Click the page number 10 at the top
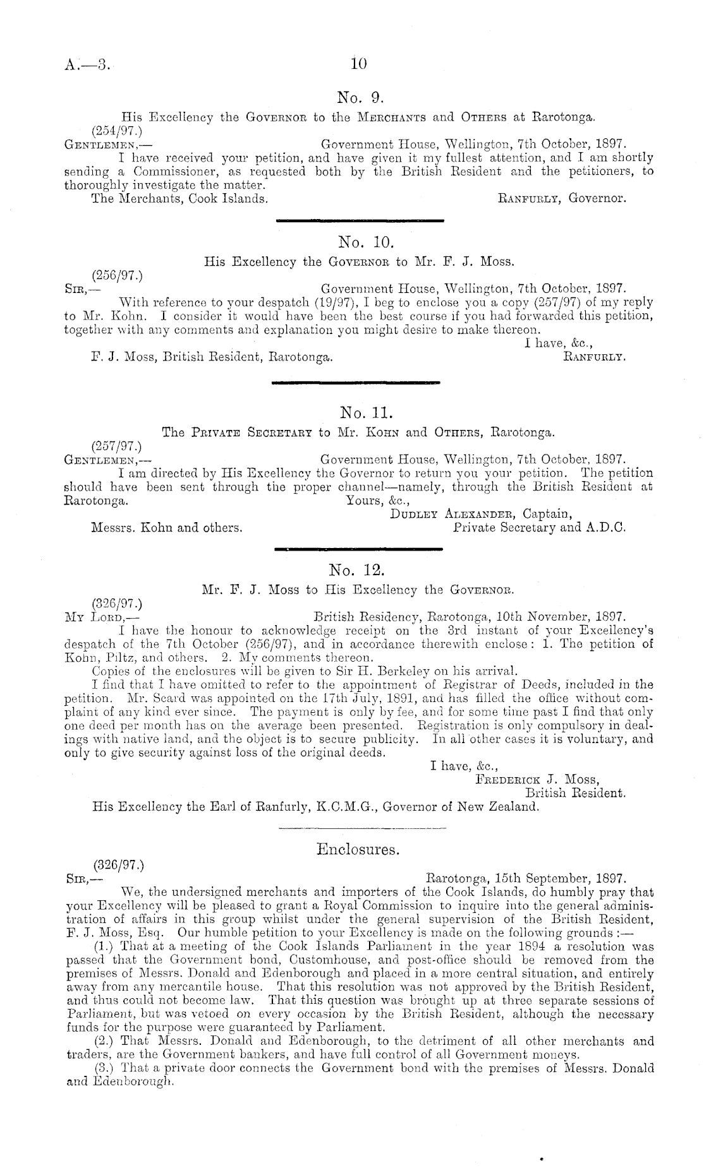point(358,63)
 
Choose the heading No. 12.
point(357,571)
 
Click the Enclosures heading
point(358,850)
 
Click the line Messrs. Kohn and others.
point(167,527)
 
